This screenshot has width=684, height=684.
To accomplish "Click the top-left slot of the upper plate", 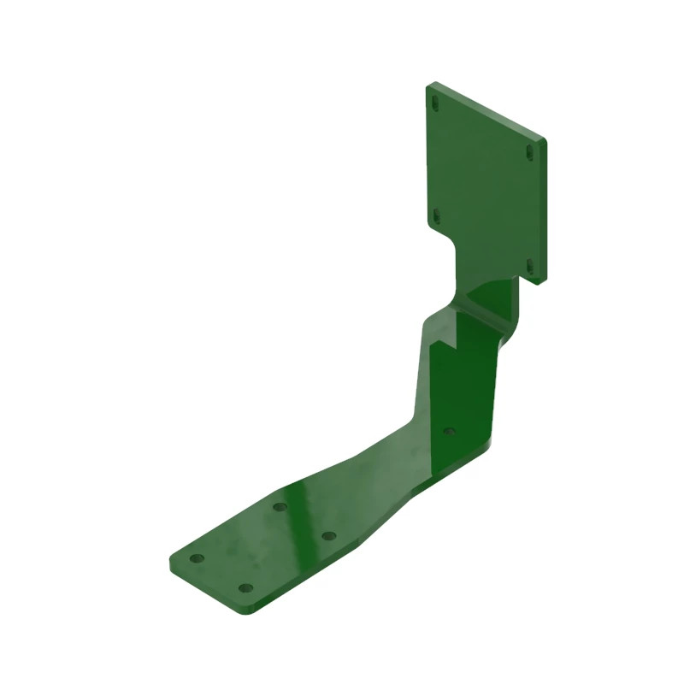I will point(435,103).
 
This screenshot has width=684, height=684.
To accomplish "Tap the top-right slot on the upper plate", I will point(530,152).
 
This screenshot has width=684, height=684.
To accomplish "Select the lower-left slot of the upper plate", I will point(434,215).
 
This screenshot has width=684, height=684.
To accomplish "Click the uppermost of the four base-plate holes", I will point(279,507).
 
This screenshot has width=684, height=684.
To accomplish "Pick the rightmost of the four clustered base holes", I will point(327,536).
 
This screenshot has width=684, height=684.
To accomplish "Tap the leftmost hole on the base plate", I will point(197,558).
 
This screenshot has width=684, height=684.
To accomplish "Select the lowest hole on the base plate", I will point(245,588).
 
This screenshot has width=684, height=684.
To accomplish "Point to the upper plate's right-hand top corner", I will point(544,138).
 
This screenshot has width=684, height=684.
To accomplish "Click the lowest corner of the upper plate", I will point(536,283).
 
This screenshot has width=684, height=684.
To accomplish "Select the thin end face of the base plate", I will point(203,589).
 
